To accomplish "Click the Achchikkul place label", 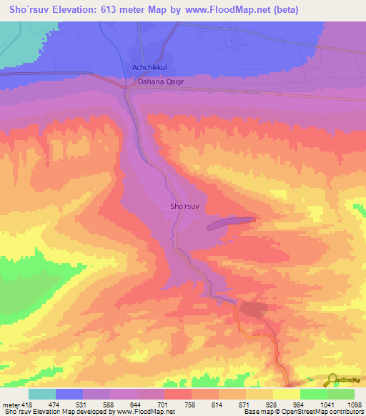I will (149, 68).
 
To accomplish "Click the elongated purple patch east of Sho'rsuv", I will (230, 224).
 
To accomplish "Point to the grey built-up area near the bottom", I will (251, 309).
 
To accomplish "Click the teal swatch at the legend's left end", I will (41, 395).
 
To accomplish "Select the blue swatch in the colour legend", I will (69, 395).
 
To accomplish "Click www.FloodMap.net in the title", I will (227, 10).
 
